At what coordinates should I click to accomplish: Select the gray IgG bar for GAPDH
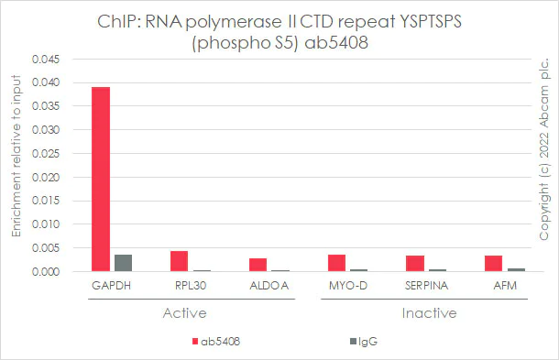click(123, 263)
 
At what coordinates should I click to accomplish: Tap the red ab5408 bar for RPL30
click(179, 261)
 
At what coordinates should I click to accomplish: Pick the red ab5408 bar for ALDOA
click(258, 265)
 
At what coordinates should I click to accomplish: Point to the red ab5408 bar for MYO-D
click(336, 263)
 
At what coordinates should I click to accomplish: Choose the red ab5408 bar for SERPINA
click(415, 264)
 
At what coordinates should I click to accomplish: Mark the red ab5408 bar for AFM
click(494, 264)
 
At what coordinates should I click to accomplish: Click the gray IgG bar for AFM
click(516, 269)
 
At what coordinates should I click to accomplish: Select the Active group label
click(190, 313)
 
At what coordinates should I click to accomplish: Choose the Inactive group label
click(426, 313)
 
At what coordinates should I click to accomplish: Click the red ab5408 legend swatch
click(194, 342)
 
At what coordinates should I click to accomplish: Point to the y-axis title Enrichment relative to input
click(16, 165)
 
